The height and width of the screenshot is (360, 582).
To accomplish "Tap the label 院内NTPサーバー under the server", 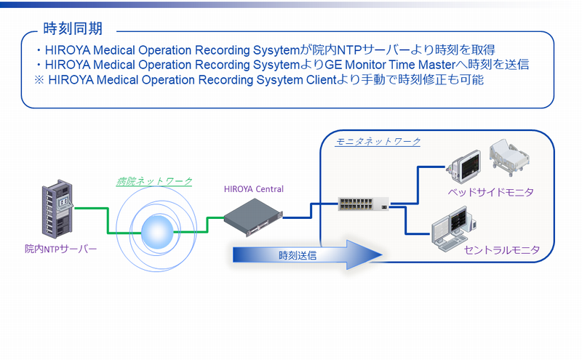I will point(60,249).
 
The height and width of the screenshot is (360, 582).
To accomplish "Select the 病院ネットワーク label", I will point(155,181).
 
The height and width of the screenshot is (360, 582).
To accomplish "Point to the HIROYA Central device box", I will point(252,217).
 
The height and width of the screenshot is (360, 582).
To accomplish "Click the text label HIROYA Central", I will point(254,190).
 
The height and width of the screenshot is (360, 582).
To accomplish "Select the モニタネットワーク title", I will point(378,140).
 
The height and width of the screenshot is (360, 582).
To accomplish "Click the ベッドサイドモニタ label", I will point(490,192).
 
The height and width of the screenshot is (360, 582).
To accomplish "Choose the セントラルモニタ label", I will point(501,250).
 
